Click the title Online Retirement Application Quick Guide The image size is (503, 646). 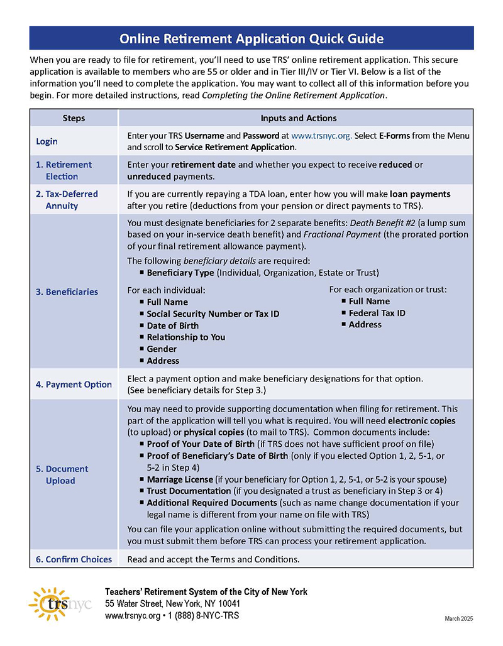[x=251, y=39]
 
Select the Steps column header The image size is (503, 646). [x=74, y=118]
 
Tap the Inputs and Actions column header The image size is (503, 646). [x=298, y=118]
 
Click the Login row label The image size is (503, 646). [x=47, y=141]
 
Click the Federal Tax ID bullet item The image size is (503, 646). [x=377, y=313]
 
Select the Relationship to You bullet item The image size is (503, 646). [x=185, y=337]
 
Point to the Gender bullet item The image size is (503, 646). [x=162, y=349]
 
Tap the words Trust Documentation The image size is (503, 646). [x=189, y=491]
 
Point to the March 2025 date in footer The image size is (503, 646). [x=458, y=619]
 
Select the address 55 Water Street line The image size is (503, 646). [x=172, y=603]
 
